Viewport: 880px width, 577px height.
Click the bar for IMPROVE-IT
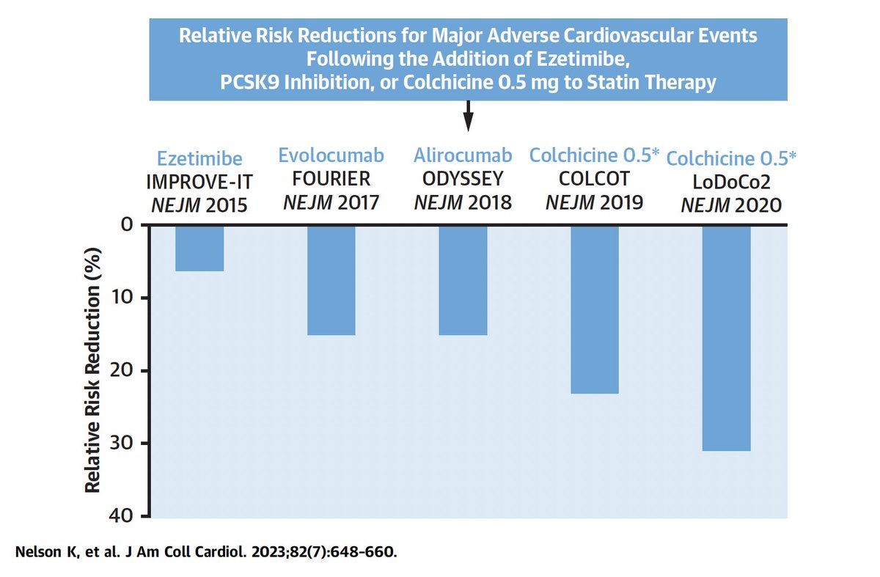199,249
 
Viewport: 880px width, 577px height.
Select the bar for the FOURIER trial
331,280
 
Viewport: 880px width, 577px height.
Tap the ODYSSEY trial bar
463,280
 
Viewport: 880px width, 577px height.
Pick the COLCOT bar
594,309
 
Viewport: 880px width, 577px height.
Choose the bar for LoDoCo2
726,338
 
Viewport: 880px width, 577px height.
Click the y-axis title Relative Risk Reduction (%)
93,370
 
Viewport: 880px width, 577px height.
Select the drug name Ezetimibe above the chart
199,159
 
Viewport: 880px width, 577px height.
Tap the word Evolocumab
331,155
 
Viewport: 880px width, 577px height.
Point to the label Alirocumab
463,155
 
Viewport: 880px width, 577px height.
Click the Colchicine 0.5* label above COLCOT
594,155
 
